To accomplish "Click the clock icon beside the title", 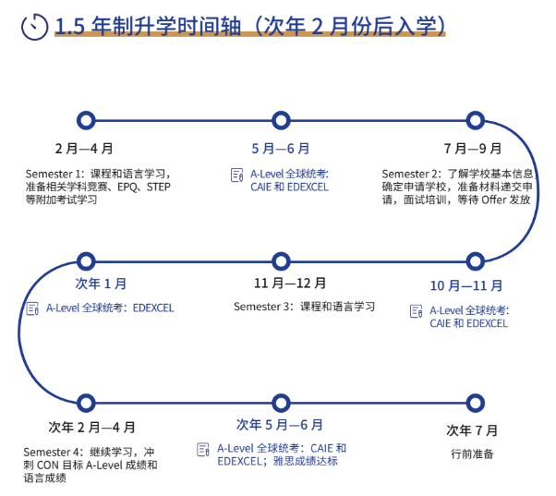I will click(34, 26).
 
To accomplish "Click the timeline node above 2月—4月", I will click(86, 119).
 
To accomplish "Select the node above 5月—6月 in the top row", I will click(281, 119).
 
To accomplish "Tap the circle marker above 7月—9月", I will click(476, 119).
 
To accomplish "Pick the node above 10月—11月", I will click(476, 260).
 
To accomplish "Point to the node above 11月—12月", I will click(281, 260).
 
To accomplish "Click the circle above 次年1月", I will click(86, 260).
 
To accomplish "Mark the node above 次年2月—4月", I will click(86, 403).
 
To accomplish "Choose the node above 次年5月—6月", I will click(281, 403).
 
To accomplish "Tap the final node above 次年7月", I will click(476, 403).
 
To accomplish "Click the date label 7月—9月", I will click(473, 148).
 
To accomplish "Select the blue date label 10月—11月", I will click(466, 285).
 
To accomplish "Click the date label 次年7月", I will click(472, 429).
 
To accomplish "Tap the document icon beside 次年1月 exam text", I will click(32, 308).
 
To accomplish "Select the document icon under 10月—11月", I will click(416, 311).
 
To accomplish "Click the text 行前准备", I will click(472, 454).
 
